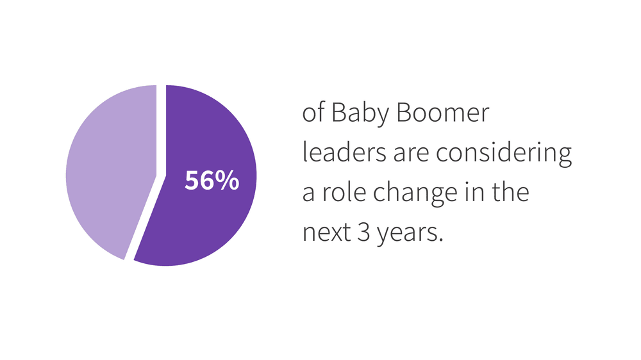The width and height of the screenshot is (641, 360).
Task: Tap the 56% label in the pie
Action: click(212, 181)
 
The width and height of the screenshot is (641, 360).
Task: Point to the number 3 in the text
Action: click(361, 232)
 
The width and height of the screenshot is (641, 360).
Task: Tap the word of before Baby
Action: click(313, 115)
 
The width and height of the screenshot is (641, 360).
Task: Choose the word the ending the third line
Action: click(510, 192)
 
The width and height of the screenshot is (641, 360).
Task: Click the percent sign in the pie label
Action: click(228, 181)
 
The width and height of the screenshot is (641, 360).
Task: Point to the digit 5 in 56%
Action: click(192, 181)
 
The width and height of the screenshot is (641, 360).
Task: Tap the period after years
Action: click(441, 239)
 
